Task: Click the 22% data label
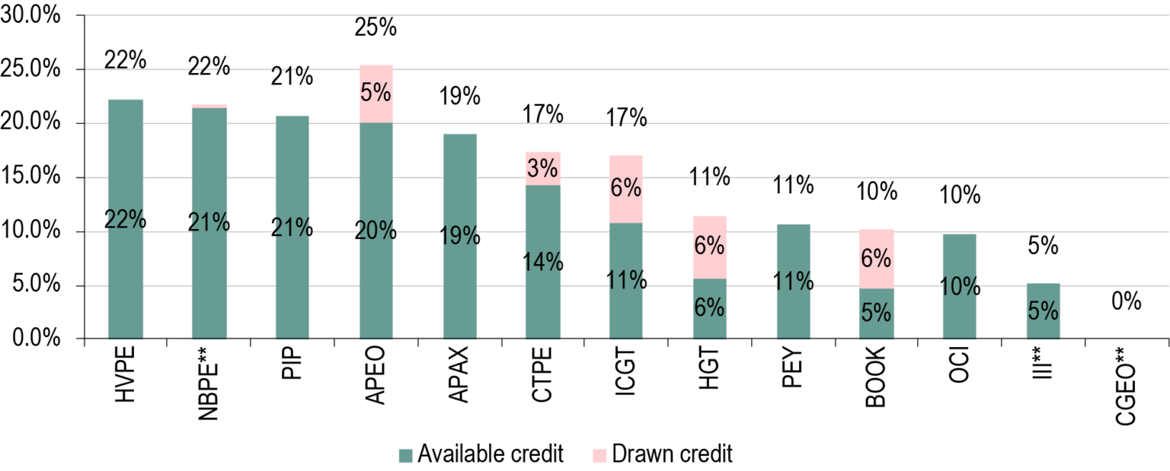126,220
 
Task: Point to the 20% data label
376,230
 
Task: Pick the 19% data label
460,236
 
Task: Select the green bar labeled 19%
460,297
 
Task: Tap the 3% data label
542,169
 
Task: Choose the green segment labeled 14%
542,304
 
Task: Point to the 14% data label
542,263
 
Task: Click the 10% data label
959,287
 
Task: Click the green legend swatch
405,456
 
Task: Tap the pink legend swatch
599,456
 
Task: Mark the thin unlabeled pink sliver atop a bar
209,106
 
